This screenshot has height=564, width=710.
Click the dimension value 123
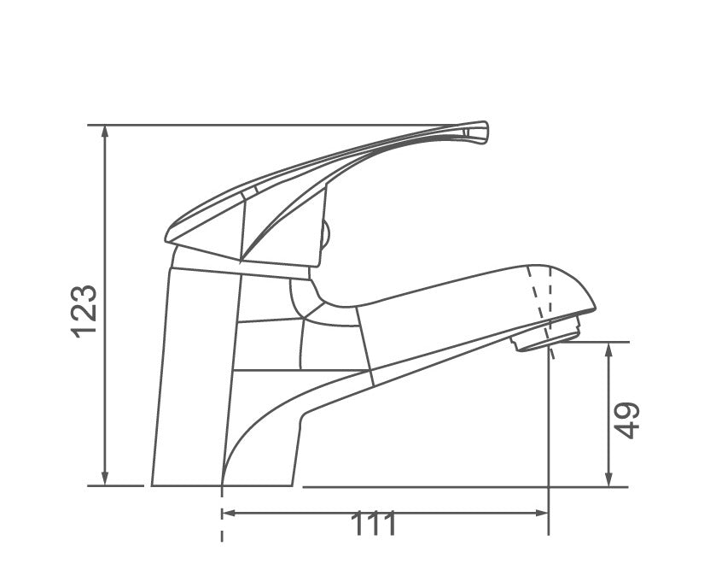pyautogui.click(x=85, y=311)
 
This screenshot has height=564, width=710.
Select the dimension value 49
pyautogui.click(x=629, y=420)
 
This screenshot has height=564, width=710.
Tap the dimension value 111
pyautogui.click(x=375, y=524)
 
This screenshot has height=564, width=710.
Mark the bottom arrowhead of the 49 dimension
pyautogui.click(x=608, y=480)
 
